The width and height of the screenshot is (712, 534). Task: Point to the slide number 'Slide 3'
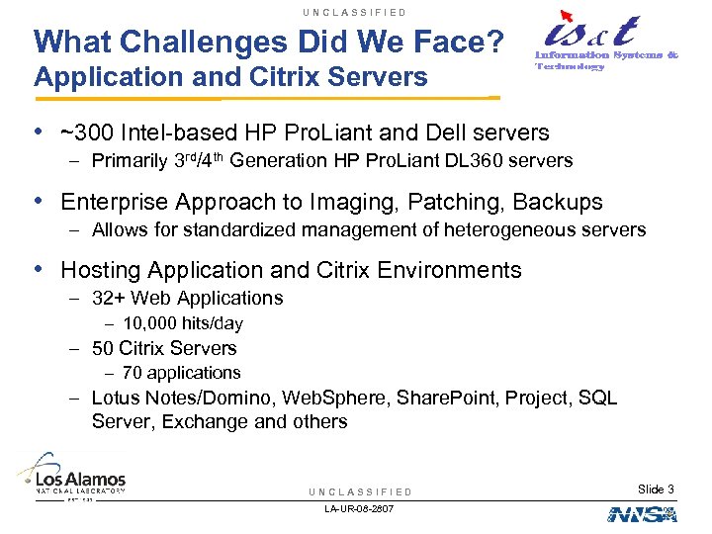pos(657,489)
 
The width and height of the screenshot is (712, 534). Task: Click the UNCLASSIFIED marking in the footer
pos(360,491)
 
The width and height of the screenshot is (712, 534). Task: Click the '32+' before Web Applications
pos(108,298)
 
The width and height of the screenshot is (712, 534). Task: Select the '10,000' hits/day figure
pos(150,323)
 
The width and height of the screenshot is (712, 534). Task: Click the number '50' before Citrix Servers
pos(102,348)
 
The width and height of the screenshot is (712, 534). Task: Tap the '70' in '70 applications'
pos(133,373)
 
